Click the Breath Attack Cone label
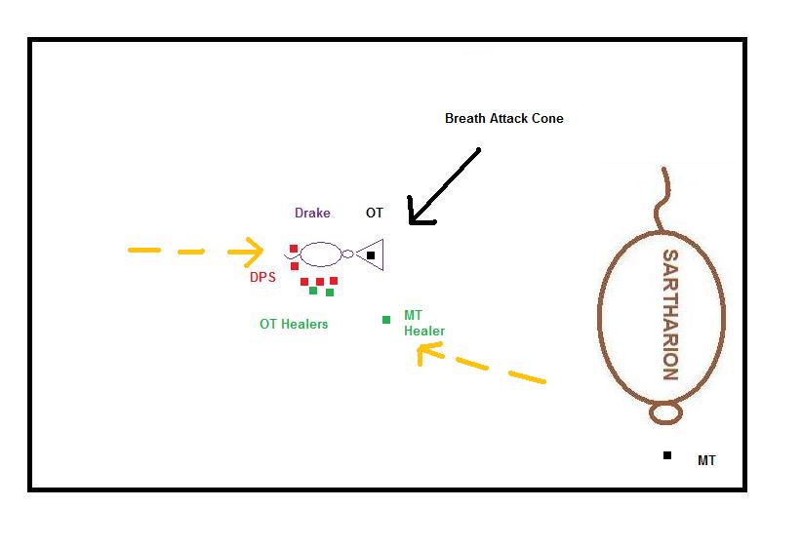pyautogui.click(x=503, y=119)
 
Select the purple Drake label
pyautogui.click(x=312, y=213)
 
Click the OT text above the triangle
pyautogui.click(x=375, y=213)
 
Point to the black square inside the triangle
pyautogui.click(x=371, y=255)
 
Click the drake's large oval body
pyautogui.click(x=321, y=243)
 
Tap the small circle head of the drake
pyautogui.click(x=347, y=254)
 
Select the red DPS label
pyautogui.click(x=262, y=277)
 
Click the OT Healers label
pyautogui.click(x=294, y=324)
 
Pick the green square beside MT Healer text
pyautogui.click(x=386, y=320)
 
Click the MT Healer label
pyautogui.click(x=424, y=323)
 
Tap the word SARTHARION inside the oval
pyautogui.click(x=670, y=314)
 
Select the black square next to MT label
pyautogui.click(x=667, y=455)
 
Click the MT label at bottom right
pyautogui.click(x=706, y=460)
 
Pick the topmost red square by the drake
pyautogui.click(x=294, y=249)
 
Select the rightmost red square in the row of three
pyautogui.click(x=334, y=281)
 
